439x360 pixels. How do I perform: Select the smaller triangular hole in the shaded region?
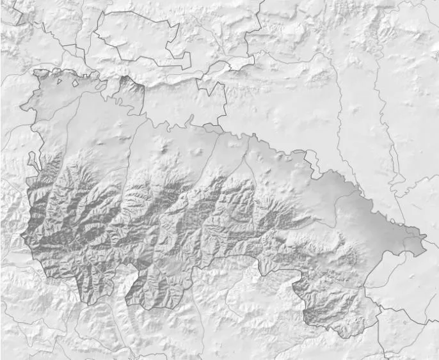pyautogui.click(x=58, y=81)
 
